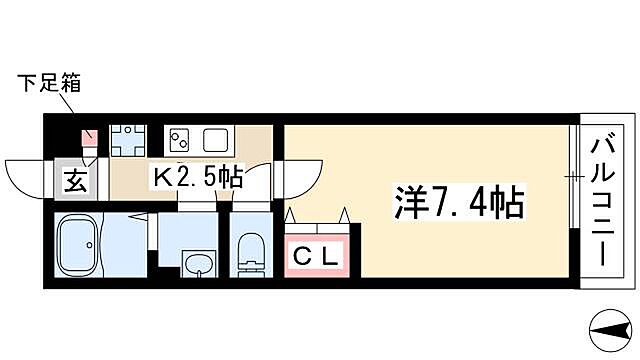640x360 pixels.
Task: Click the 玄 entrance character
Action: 75,180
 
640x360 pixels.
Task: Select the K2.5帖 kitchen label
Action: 196,178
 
